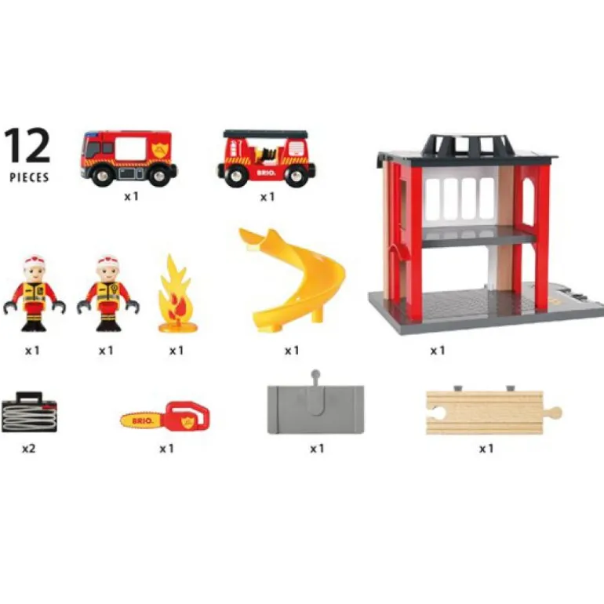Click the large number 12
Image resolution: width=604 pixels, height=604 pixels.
(x=28, y=146)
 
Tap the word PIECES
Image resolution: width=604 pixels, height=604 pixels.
(x=29, y=177)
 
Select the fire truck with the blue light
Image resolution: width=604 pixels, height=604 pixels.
(x=128, y=157)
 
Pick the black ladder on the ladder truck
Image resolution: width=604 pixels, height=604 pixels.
(x=264, y=134)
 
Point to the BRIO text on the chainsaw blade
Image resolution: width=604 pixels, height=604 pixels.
(x=143, y=418)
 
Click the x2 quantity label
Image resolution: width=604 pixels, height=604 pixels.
(x=29, y=449)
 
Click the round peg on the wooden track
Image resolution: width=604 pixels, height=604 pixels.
(x=555, y=411)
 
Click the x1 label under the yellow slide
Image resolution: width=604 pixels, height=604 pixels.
(x=292, y=351)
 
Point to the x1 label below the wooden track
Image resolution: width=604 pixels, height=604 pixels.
(x=486, y=449)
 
